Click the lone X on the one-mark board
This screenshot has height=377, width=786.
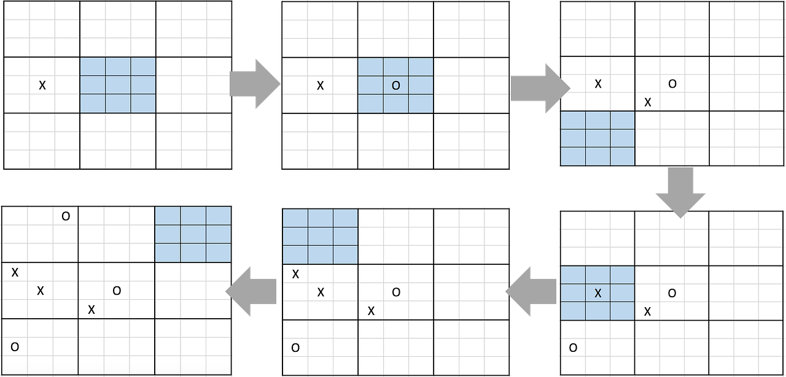coord(42,85)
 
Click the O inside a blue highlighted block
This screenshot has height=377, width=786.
coord(396,85)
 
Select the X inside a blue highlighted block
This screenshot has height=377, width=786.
coord(598,293)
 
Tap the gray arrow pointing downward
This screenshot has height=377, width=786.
coord(680,192)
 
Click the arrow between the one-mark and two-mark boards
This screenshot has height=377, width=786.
coord(255,84)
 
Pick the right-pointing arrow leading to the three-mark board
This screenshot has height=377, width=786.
coord(540,88)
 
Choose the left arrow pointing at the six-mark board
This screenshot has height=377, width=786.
coord(251,291)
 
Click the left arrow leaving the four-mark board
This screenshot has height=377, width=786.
coord(531,291)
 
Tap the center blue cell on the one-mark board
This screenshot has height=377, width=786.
coord(118,85)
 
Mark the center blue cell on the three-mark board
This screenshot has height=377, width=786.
coord(597,139)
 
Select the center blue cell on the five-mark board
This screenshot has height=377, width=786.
coord(321,237)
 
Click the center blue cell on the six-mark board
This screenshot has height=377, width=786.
coord(193,234)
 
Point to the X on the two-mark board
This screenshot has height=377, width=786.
coord(320,85)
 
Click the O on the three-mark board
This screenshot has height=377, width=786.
coord(672,84)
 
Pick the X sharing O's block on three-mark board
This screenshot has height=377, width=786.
coord(648,102)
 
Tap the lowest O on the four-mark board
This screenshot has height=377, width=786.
coord(573,348)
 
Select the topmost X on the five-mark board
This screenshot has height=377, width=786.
coord(295,274)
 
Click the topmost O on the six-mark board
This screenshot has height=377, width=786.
coord(66,216)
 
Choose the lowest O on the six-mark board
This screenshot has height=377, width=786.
coord(15,347)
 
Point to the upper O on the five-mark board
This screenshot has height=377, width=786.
coord(396,292)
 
